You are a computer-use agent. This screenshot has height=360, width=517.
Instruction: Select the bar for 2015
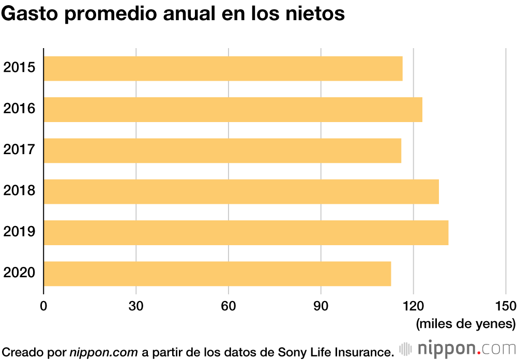coord(223,68)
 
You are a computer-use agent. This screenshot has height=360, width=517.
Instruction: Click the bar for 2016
coord(233,109)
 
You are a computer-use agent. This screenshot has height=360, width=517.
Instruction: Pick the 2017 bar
coord(222,151)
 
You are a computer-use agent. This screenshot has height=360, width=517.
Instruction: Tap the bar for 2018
coord(241,191)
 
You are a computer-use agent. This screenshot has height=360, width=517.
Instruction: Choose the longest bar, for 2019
coord(246,232)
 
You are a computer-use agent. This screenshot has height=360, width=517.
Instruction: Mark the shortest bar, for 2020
coord(217,274)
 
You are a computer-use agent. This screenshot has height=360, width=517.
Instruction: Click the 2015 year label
coord(19,68)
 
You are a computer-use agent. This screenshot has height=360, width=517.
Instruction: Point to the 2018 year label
coord(19,191)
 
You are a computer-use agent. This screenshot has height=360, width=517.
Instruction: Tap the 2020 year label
coord(19,273)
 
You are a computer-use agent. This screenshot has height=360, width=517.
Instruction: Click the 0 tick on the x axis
coord(43,305)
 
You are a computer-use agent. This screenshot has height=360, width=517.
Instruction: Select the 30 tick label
coord(136,305)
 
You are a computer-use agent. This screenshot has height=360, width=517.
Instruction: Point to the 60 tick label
coord(229,305)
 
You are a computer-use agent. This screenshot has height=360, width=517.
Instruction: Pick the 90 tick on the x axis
coord(321,305)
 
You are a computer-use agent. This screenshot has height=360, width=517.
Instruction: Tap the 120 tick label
coord(413,305)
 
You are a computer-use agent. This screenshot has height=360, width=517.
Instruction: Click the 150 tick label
coord(506,305)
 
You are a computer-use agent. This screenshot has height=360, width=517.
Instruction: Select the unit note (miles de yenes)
coord(465,324)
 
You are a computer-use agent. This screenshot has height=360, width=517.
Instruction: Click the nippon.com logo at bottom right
coord(458,347)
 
